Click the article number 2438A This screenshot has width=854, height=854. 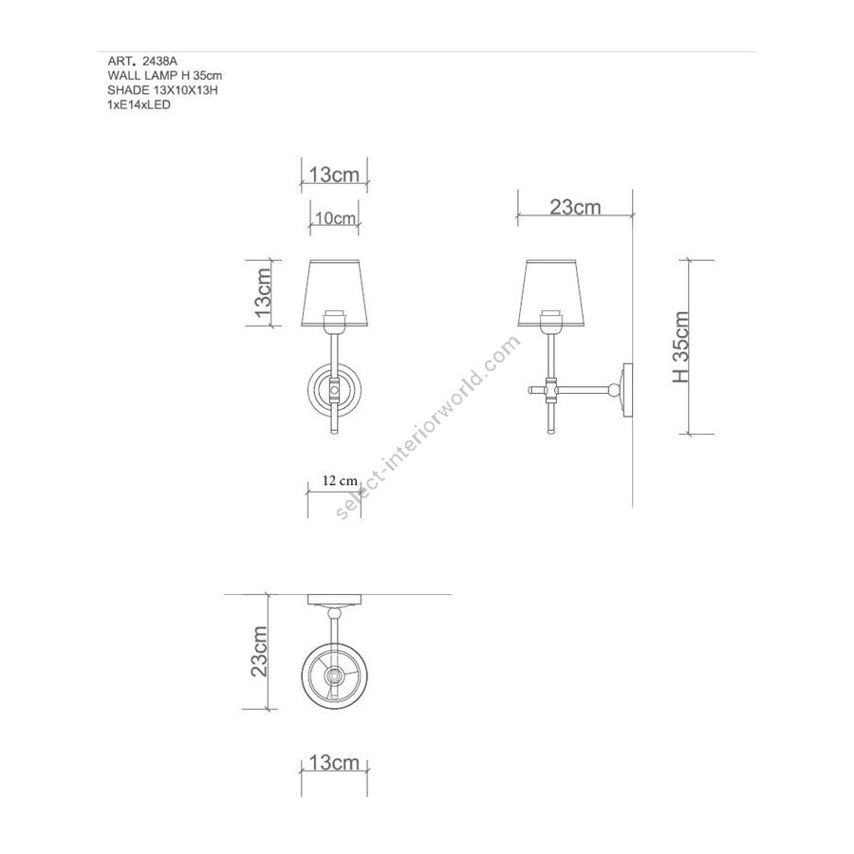(x=159, y=62)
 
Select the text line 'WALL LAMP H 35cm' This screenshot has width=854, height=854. (x=164, y=76)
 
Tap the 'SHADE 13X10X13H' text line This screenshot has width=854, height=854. (x=162, y=90)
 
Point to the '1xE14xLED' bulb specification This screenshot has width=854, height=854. (x=139, y=104)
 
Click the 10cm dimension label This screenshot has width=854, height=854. (x=335, y=218)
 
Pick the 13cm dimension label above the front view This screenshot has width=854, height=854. (x=334, y=175)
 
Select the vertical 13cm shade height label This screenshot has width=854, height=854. (x=263, y=293)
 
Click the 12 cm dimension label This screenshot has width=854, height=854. (x=340, y=480)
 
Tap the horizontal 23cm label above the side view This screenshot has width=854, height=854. (x=575, y=207)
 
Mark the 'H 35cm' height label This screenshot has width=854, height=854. (x=680, y=347)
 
